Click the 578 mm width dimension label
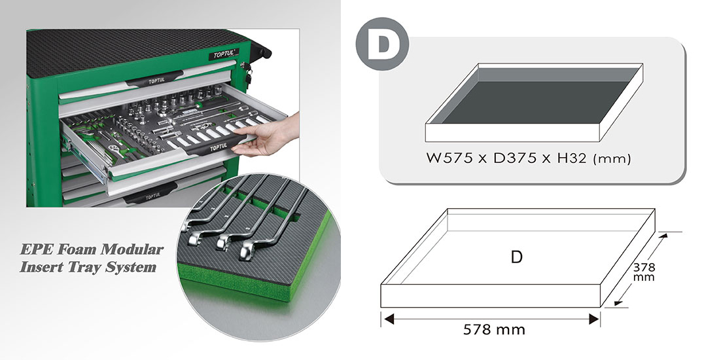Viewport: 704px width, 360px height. click(x=494, y=330)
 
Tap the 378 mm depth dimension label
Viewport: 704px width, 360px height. click(x=644, y=272)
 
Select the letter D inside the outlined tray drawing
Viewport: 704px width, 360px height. click(x=517, y=257)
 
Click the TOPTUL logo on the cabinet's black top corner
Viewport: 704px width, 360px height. click(x=224, y=54)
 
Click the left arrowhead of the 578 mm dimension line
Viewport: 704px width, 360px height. click(x=387, y=319)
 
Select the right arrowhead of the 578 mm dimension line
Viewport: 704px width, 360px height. click(x=594, y=319)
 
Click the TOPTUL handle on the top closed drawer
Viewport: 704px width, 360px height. click(x=156, y=81)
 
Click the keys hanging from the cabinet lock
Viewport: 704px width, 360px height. click(x=247, y=74)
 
